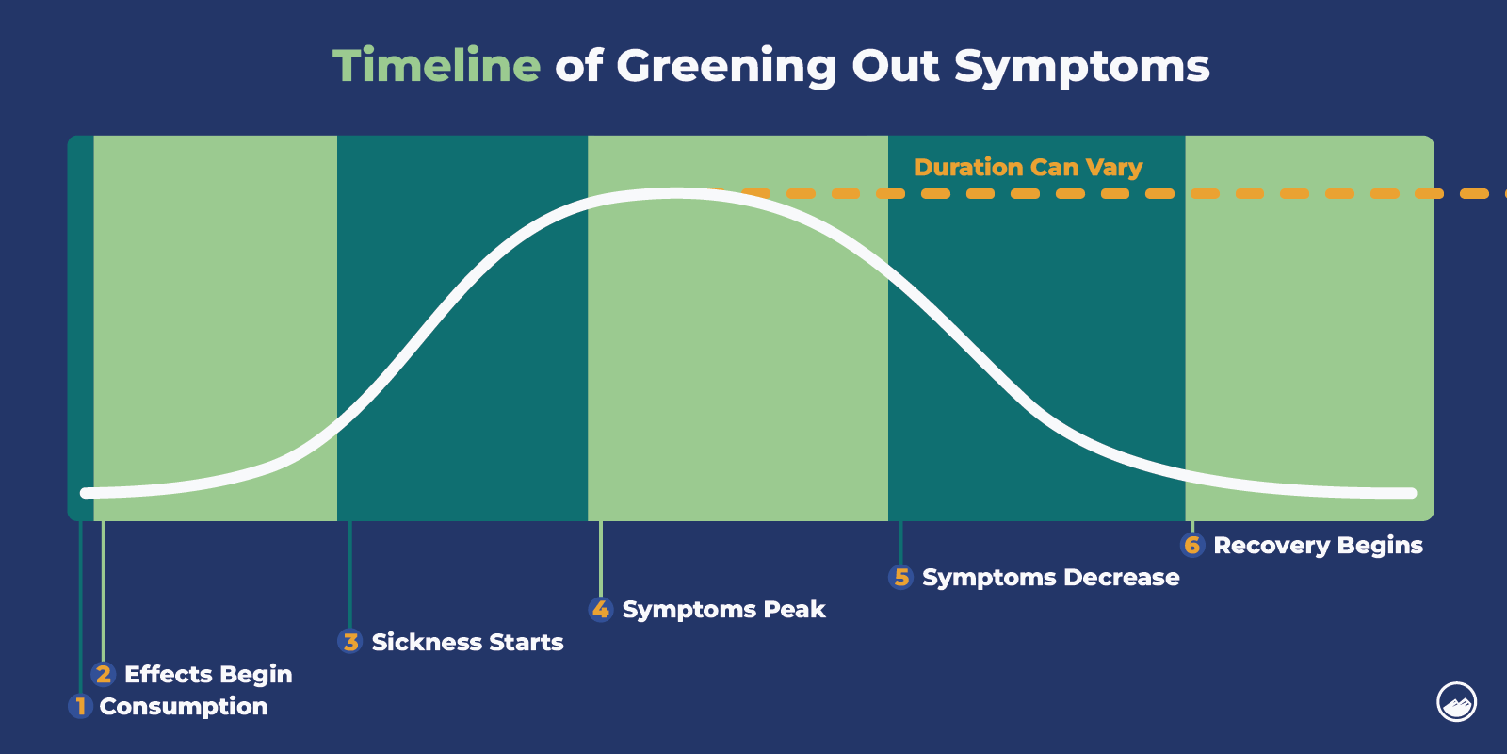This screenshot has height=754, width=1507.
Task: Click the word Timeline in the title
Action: coord(436,66)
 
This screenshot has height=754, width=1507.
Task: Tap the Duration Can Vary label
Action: coord(1028,168)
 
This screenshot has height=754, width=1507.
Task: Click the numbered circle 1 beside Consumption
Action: coord(80,706)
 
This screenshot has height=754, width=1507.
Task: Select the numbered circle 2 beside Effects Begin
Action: coord(104,674)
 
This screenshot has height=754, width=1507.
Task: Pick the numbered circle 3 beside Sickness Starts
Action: coord(350,642)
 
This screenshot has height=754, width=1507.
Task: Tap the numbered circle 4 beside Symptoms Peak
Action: coord(601,610)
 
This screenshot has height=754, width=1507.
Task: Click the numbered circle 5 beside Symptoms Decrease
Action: coord(901,577)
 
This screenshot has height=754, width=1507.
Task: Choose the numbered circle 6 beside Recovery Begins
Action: coord(1192,545)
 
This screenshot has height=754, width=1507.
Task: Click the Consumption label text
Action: coord(184,706)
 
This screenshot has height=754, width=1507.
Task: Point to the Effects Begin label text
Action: coord(208,674)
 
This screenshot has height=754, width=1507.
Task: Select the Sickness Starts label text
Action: coord(467,642)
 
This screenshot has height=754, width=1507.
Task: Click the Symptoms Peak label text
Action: coord(723,610)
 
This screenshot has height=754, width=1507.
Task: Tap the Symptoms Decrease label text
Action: coord(1050,577)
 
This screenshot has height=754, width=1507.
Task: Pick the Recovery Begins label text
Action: coord(1318,545)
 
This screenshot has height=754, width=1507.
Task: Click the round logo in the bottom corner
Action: coord(1456,702)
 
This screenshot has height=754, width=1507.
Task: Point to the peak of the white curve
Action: coord(676,193)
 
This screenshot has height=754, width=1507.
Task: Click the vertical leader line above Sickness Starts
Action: coord(350,575)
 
